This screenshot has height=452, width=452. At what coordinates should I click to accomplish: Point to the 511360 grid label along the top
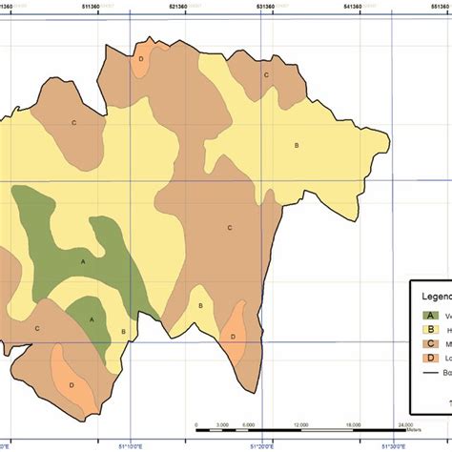coord(100,6)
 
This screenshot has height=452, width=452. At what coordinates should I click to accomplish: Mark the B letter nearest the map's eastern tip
coord(297,145)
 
